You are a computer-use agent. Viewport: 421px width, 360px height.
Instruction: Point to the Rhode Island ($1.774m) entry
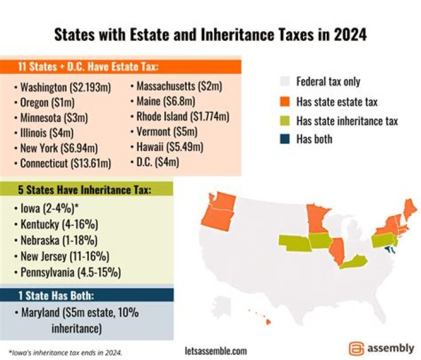click(182, 116)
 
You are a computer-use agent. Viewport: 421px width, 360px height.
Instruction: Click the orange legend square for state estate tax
click(286, 102)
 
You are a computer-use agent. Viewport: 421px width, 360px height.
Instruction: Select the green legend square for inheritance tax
click(286, 121)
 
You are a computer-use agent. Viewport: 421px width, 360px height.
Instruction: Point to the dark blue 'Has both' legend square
click(286, 139)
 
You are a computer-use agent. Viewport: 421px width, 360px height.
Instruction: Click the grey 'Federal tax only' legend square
click(286, 82)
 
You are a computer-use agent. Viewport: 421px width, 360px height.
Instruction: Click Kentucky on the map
click(355, 262)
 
